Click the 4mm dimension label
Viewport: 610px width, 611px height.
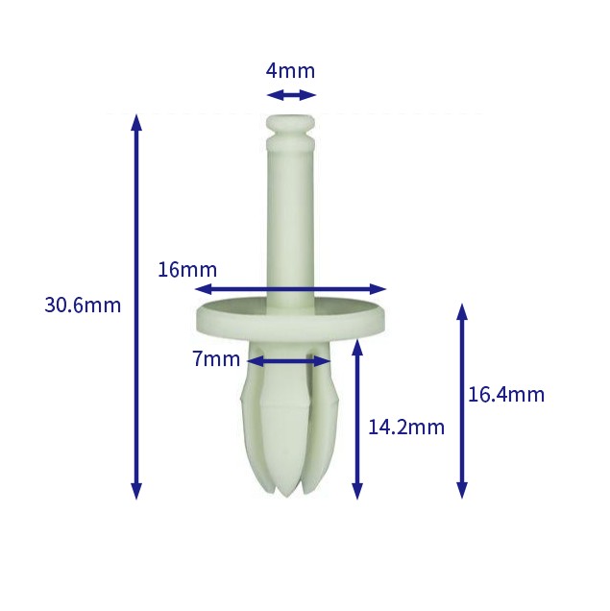coord(290,71)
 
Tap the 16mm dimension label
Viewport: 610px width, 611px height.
coord(187,270)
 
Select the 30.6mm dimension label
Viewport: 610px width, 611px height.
coord(83,305)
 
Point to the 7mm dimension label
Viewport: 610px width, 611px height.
coord(216,359)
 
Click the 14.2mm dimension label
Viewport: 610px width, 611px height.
coord(406,428)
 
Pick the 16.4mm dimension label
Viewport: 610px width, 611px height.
coord(506,394)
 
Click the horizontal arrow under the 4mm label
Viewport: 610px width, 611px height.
coord(291,95)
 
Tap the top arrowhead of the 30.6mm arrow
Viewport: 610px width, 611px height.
coord(136,122)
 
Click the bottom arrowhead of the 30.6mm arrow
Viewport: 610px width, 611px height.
coord(136,491)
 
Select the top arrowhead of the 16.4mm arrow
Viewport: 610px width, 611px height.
coord(462,311)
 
